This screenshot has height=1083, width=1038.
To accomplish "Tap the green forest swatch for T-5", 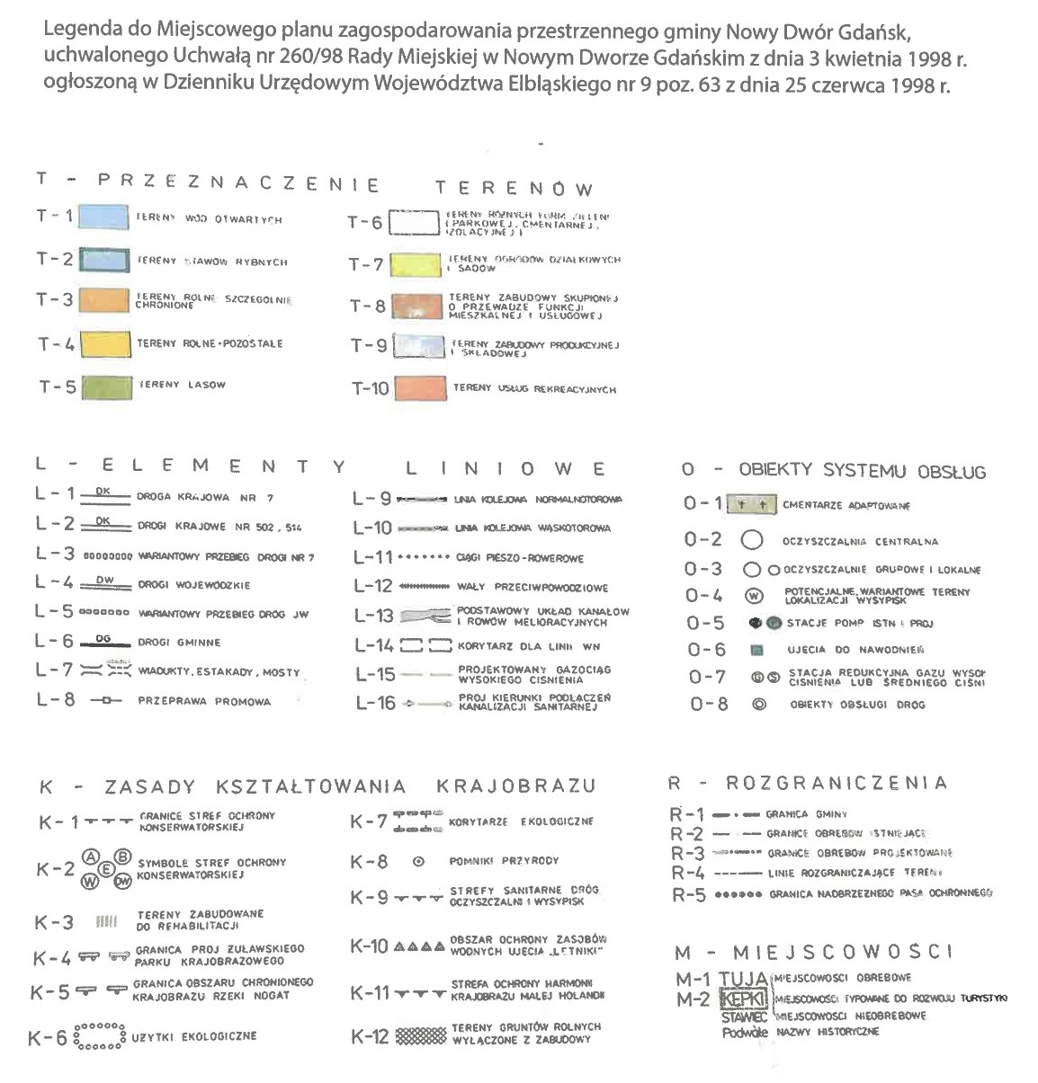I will coord(107,386).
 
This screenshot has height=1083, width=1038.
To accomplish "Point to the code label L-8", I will coord(56,699).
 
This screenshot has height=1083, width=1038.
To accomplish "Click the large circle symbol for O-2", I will coord(752,541).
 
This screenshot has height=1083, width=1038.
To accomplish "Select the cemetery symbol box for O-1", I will coord(751,504).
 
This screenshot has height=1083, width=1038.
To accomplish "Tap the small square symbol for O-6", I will coord(756,650).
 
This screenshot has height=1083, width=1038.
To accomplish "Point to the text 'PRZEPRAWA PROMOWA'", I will coord(204,701).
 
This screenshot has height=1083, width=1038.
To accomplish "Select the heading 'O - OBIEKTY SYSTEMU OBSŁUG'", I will coord(834,471).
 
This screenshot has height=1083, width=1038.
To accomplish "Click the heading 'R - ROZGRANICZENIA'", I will coord(808,784).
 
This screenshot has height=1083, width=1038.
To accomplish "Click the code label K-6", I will coord(48,1039).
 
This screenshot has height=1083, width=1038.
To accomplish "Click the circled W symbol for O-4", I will coord(753,595).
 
